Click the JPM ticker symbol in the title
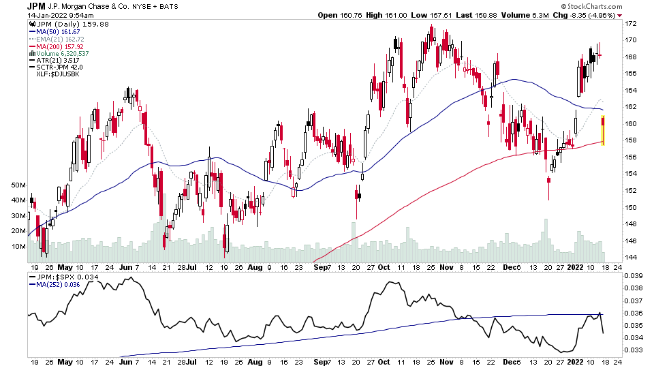(35, 5)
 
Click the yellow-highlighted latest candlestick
(603, 131)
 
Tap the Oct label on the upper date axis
(384, 268)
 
